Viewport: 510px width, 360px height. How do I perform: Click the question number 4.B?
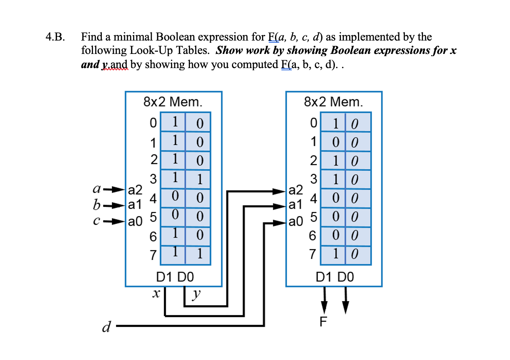point(55,37)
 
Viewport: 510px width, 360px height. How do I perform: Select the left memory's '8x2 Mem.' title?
point(173,102)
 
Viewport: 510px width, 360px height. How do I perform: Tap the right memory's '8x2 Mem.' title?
point(333,102)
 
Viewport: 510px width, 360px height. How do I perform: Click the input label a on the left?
point(96,189)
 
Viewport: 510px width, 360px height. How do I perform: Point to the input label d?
point(106,327)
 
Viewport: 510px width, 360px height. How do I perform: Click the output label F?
point(323,321)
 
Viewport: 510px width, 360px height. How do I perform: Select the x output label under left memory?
point(156,293)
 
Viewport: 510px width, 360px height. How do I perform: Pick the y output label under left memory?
point(196,295)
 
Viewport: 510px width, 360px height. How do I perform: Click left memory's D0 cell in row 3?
point(200,179)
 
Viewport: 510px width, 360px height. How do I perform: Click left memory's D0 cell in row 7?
point(200,254)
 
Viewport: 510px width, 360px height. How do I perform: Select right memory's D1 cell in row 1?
point(336,142)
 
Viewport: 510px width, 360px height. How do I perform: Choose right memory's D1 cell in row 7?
point(336,254)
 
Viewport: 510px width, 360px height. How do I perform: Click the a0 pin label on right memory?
point(296,222)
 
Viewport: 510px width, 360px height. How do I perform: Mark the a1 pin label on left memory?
point(135,205)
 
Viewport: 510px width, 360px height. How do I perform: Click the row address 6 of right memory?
point(313,235)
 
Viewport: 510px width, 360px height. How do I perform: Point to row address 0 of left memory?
point(153,123)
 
